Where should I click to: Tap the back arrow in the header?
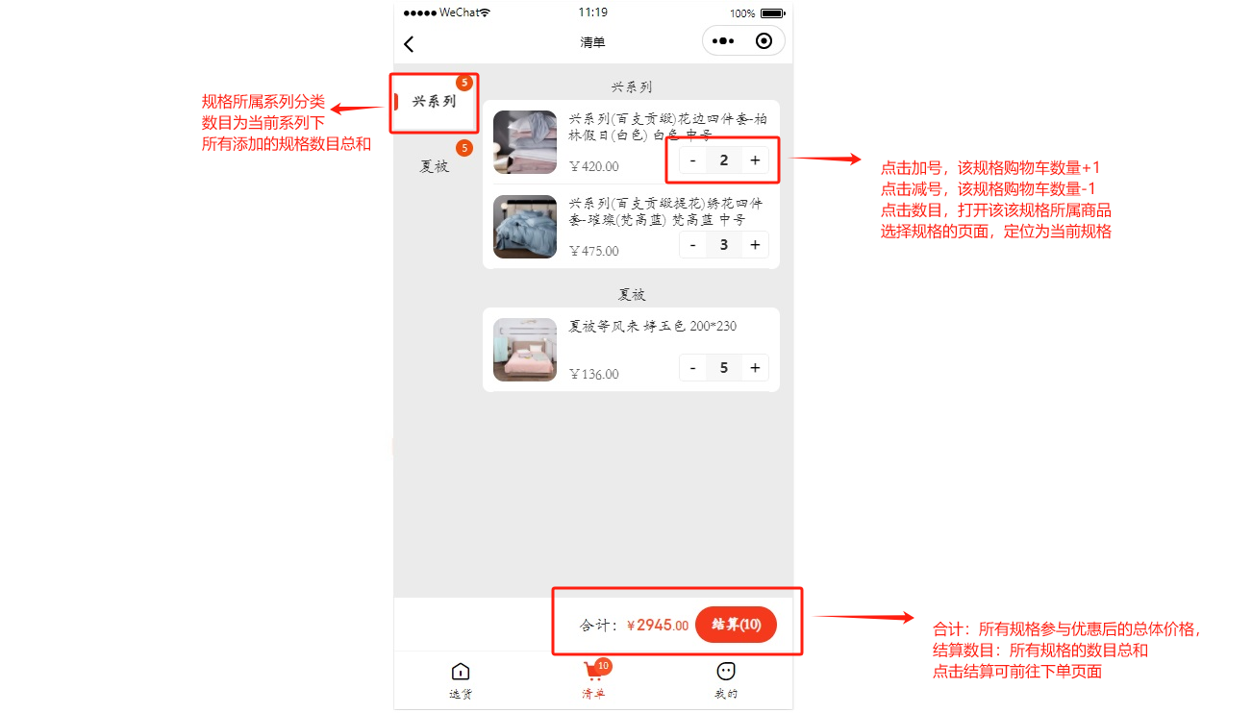(409, 44)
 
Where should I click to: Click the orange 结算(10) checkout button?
(736, 625)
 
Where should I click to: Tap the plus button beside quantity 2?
(755, 160)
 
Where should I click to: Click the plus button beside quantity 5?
(755, 367)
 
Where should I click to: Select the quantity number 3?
(724, 244)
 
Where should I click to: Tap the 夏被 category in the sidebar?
(435, 166)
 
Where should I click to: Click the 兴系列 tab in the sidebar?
(434, 101)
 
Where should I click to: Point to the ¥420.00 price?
(594, 166)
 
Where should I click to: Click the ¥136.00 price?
(594, 374)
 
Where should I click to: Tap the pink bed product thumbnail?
(525, 350)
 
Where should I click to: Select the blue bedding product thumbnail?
(525, 227)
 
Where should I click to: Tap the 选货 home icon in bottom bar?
(461, 672)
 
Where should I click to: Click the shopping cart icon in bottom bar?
(592, 670)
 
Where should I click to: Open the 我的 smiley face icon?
(726, 671)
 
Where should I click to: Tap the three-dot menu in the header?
(723, 40)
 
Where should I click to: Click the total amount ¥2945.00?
(658, 625)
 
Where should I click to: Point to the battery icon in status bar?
(773, 13)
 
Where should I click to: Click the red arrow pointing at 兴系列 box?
(358, 109)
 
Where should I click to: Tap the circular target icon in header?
(764, 40)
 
